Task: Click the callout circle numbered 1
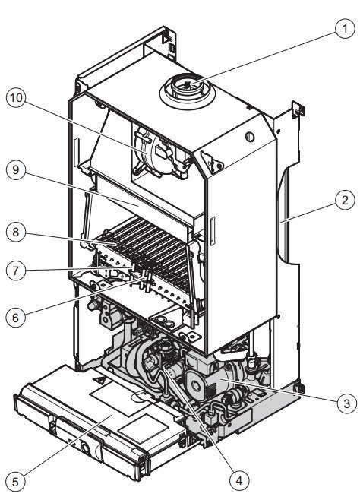click(x=345, y=29)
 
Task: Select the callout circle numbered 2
click(x=345, y=201)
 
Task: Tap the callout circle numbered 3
click(x=346, y=403)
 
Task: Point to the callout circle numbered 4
click(x=239, y=480)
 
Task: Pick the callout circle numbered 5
click(x=16, y=482)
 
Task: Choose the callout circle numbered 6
click(x=16, y=318)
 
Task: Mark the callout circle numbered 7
click(x=16, y=271)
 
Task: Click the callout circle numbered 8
click(x=16, y=232)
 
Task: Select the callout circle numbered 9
click(x=16, y=169)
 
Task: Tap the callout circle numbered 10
click(x=16, y=97)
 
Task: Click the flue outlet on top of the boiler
click(x=188, y=91)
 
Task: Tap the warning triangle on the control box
click(x=102, y=380)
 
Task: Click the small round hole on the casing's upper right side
click(x=250, y=137)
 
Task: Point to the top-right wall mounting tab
click(x=298, y=109)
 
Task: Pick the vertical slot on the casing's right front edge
click(x=213, y=226)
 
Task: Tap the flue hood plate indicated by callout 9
click(x=141, y=204)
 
